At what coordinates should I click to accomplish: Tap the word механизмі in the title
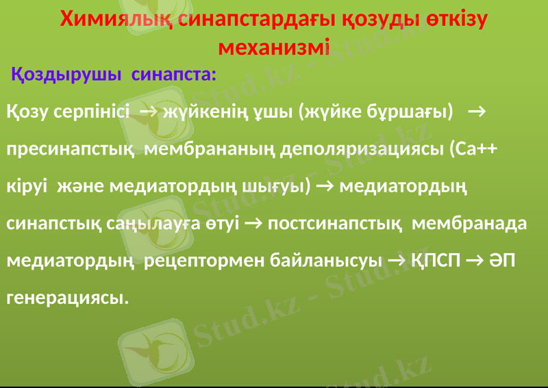273,49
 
